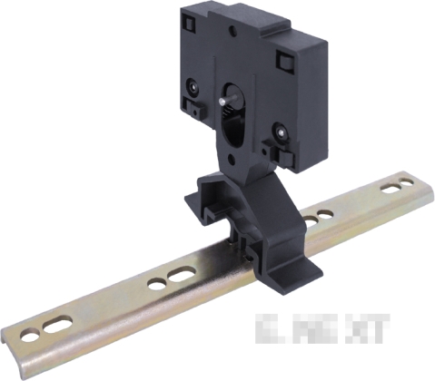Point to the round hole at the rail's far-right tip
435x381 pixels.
(418, 181)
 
